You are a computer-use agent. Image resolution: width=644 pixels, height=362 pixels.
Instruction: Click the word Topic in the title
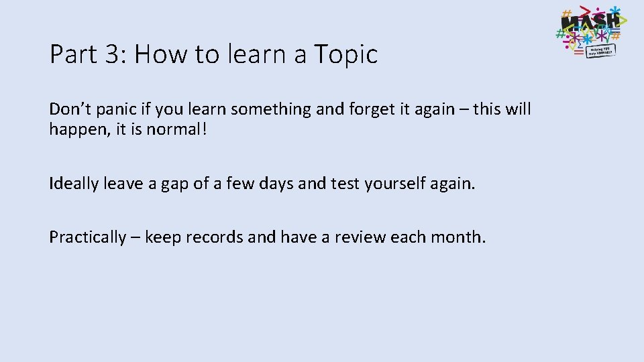point(346,54)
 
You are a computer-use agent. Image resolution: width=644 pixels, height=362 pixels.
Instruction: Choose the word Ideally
point(74,184)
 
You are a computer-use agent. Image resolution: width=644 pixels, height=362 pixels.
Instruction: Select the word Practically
point(87,237)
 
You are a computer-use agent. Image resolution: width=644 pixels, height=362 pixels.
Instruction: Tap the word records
point(217,237)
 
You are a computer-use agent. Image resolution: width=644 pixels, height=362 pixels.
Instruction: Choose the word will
point(516,109)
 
